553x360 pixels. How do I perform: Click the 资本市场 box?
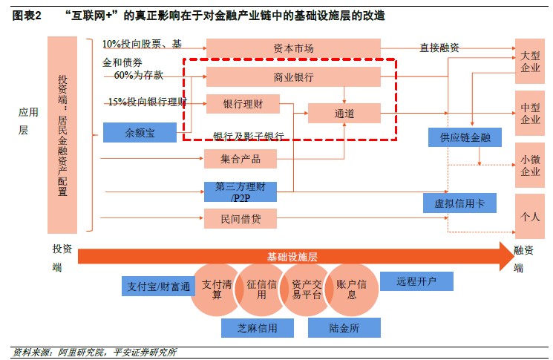(293, 48)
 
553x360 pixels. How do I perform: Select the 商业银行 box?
(293, 77)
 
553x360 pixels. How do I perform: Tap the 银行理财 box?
(241, 104)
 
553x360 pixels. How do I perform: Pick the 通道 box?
(344, 114)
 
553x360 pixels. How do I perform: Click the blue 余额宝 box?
(140, 133)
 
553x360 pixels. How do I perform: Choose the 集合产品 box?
(240, 158)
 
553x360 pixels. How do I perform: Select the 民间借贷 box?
(240, 218)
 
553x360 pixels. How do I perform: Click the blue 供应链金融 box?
(465, 137)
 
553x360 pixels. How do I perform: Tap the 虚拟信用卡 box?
(459, 203)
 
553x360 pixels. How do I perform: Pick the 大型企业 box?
(530, 62)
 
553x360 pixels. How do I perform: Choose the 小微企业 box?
(530, 165)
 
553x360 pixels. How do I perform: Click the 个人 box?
(530, 217)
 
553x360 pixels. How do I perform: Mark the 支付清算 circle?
(213, 289)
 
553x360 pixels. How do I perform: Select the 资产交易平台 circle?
(305, 289)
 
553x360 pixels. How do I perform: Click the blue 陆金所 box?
(344, 327)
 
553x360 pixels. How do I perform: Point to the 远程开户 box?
(416, 281)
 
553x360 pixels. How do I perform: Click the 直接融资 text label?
(439, 48)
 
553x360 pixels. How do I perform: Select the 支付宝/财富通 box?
(158, 287)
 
